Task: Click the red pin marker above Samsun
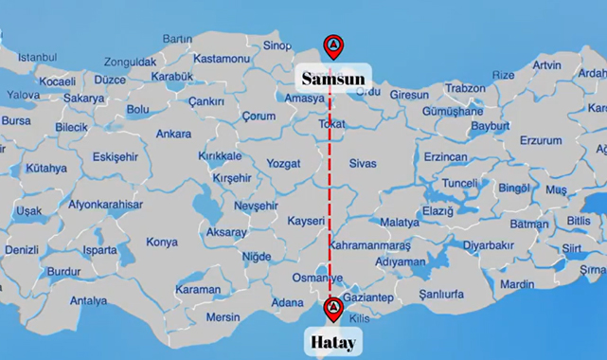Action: coord(332,45)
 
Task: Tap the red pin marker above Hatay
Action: coord(332,309)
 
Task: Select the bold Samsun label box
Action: coord(332,77)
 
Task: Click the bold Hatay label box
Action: coord(332,341)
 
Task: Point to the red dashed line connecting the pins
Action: coord(330,189)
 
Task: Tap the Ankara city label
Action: coord(173,134)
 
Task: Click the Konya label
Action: coord(162,242)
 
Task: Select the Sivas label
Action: coord(363,163)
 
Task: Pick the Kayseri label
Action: coord(306,221)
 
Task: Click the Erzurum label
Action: coord(541,140)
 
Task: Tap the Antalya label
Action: coord(89,300)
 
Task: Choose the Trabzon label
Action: coord(465,88)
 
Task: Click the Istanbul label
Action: coord(38,57)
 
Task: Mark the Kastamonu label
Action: coord(220,59)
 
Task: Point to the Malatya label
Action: coord(399,223)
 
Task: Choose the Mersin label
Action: coord(223,316)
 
